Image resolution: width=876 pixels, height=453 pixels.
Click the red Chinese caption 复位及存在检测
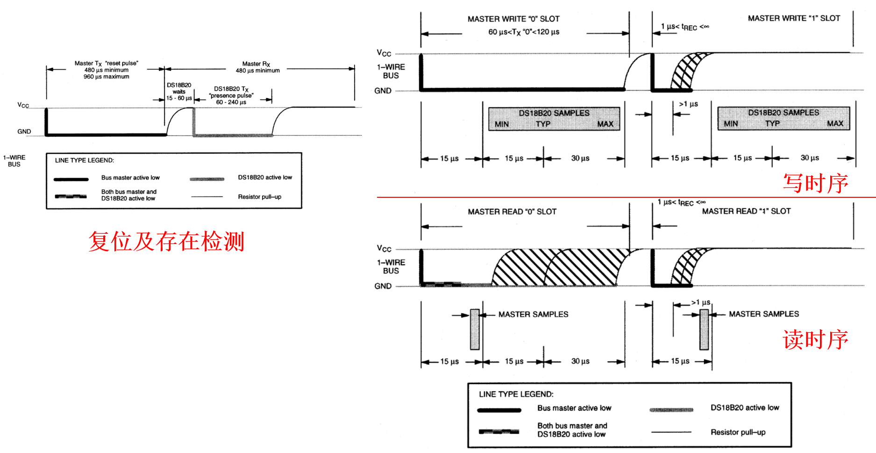(x=166, y=241)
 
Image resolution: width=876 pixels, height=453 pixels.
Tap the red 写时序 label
(x=815, y=183)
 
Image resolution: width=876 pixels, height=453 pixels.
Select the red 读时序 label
(x=815, y=339)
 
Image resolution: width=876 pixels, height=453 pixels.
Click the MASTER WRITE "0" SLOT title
(x=513, y=19)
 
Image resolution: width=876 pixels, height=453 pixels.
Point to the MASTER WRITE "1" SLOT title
(x=794, y=18)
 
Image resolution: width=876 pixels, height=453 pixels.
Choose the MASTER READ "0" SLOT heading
(x=512, y=212)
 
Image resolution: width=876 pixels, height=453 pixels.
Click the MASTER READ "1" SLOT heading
(x=746, y=211)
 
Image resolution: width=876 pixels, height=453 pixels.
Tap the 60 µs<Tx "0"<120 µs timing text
(x=524, y=32)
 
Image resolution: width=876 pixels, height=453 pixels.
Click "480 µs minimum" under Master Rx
(x=257, y=71)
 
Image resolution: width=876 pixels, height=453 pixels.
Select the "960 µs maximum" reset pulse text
(x=107, y=77)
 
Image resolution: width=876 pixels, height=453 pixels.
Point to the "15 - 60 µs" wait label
(x=179, y=98)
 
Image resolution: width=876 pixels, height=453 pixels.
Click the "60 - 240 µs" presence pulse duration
(x=231, y=102)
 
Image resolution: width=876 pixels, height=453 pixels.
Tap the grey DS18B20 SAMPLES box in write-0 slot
(x=554, y=119)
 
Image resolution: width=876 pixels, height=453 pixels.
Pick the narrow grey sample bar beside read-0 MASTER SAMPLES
(x=475, y=329)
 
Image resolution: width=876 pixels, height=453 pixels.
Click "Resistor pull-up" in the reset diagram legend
(x=259, y=197)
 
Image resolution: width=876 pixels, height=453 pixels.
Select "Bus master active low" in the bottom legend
(x=574, y=408)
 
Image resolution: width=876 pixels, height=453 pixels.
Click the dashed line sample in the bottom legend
(x=499, y=431)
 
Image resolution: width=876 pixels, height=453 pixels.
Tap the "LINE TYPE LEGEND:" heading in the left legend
(x=85, y=160)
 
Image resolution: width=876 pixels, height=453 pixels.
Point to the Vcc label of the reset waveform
(x=23, y=105)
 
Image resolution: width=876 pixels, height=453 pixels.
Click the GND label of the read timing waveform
(x=383, y=286)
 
